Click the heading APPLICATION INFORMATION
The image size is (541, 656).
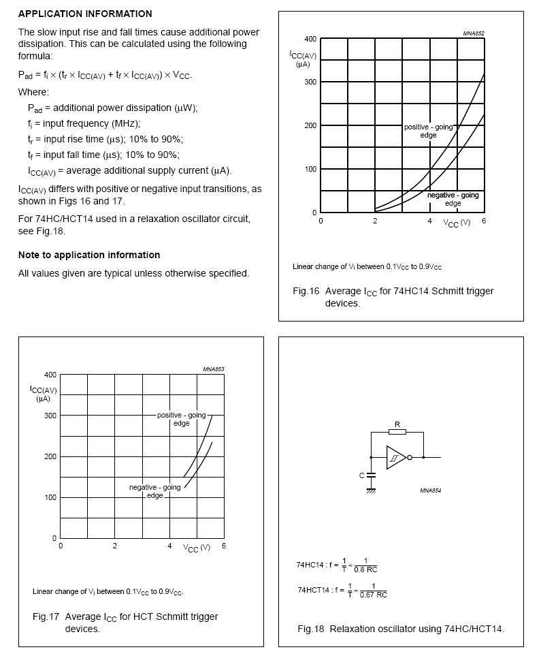click(x=85, y=14)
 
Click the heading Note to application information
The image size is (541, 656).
click(x=89, y=255)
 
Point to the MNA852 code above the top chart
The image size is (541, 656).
click(x=474, y=33)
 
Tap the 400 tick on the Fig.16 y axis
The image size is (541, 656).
click(x=310, y=39)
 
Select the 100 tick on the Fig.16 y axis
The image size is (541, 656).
click(x=310, y=169)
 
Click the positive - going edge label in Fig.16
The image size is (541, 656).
click(x=429, y=131)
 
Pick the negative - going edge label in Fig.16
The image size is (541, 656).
click(x=453, y=199)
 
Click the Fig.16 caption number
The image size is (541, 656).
click(x=306, y=291)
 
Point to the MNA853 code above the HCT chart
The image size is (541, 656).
click(x=213, y=369)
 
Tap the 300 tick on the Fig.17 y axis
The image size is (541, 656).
click(x=50, y=416)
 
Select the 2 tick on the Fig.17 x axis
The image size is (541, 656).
click(x=115, y=546)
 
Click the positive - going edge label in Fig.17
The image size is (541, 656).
click(x=181, y=419)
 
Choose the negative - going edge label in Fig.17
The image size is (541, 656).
click(x=155, y=491)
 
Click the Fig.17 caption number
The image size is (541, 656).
click(x=46, y=616)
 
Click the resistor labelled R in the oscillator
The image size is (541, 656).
click(x=397, y=431)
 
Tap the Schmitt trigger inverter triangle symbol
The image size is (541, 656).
click(x=395, y=458)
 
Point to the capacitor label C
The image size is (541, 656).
click(x=362, y=475)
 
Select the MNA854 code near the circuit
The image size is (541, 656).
click(x=431, y=490)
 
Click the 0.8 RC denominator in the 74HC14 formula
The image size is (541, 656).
click(x=370, y=569)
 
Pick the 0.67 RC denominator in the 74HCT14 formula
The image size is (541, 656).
click(x=374, y=594)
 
